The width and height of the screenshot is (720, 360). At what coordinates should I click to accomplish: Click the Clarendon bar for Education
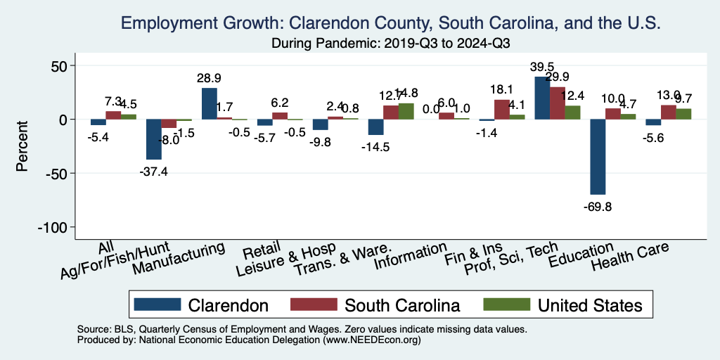click(598, 157)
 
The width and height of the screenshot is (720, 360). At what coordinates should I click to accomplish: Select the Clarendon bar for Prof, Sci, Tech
click(542, 98)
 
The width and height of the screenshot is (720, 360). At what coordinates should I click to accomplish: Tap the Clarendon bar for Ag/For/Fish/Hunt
click(153, 139)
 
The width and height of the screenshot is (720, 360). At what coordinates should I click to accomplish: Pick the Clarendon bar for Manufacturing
click(209, 104)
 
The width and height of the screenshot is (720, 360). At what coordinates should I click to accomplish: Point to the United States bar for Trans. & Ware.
click(406, 111)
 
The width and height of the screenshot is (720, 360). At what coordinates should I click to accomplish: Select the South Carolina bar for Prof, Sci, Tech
click(557, 103)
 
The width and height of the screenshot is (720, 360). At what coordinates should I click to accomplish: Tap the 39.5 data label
click(542, 66)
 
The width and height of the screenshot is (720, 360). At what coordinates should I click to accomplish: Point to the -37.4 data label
click(153, 171)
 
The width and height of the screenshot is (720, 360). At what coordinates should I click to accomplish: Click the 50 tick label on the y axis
click(64, 66)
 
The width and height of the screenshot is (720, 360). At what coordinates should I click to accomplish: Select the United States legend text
click(589, 305)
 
